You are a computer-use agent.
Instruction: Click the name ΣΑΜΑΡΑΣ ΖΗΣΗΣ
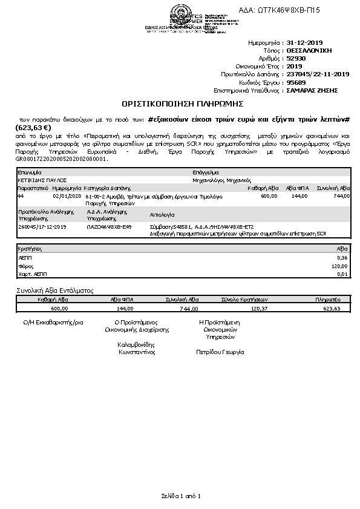[312, 90]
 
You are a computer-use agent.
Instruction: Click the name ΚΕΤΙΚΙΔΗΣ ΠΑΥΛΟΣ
[42, 180]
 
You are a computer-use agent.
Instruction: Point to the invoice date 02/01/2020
[66, 196]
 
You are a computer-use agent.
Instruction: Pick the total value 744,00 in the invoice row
[341, 196]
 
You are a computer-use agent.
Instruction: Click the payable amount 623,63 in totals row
[332, 308]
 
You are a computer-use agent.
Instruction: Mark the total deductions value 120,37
[258, 308]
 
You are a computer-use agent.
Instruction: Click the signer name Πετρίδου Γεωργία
[220, 352]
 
